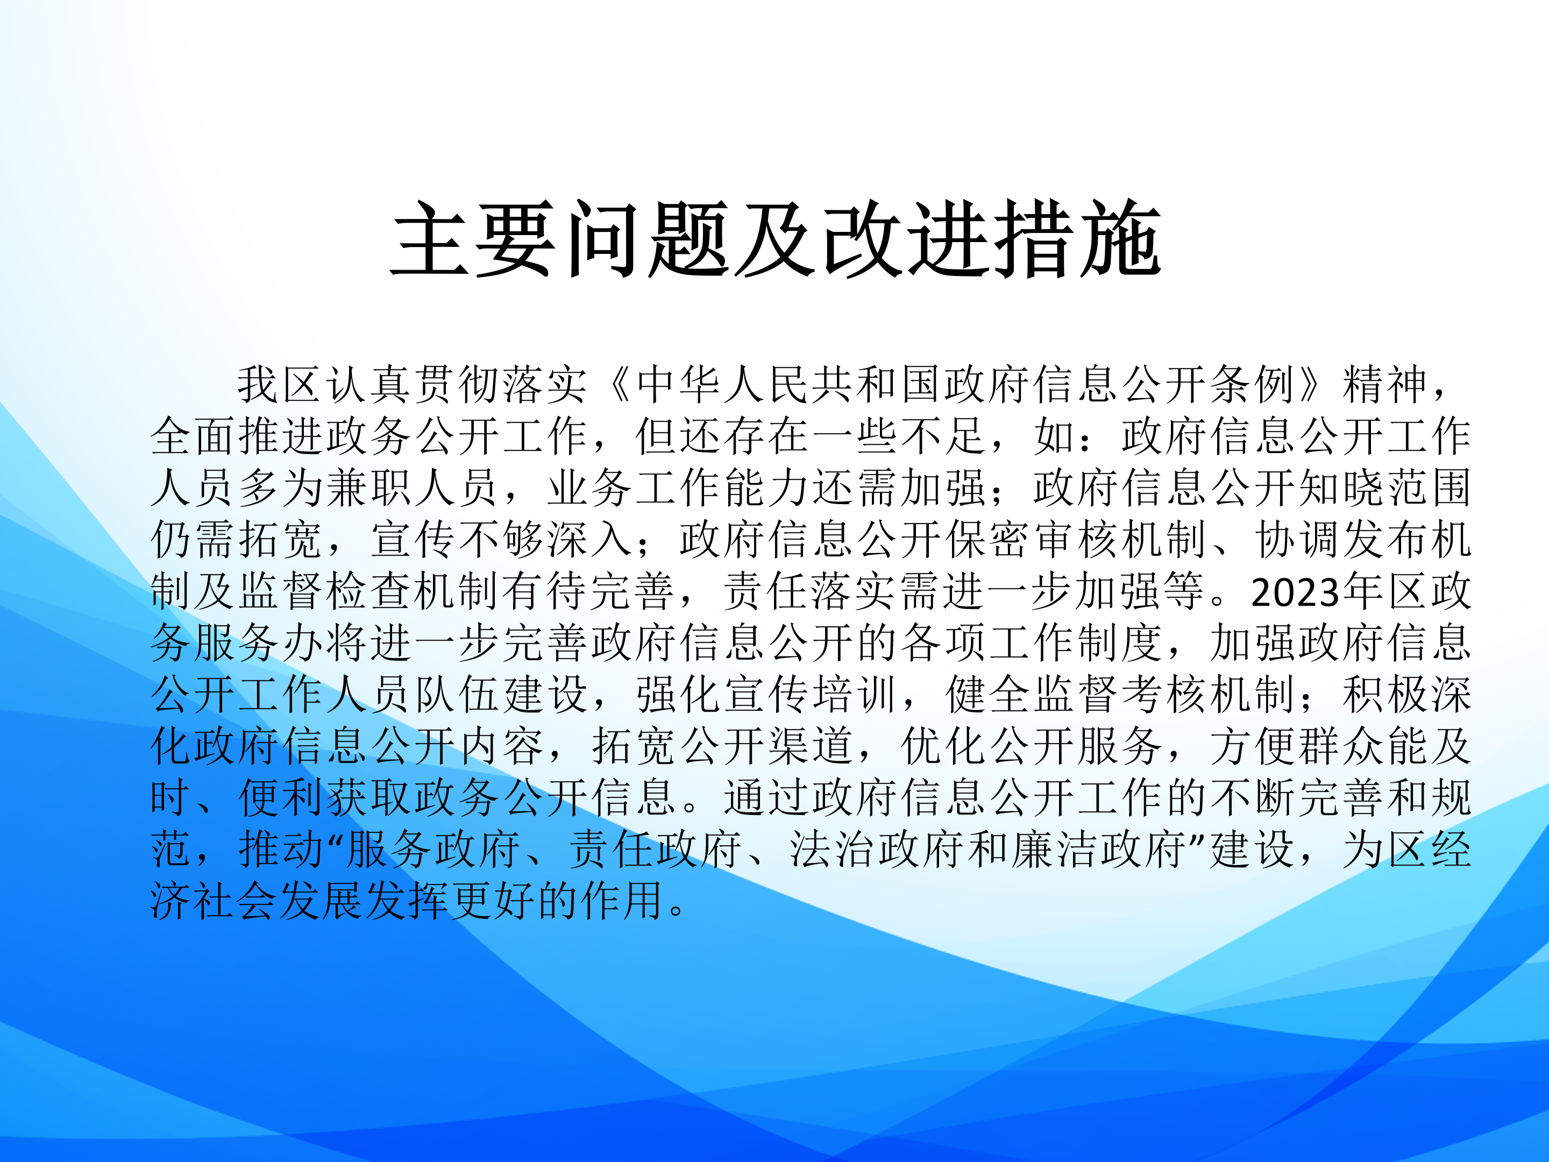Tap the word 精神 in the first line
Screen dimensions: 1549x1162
point(1385,385)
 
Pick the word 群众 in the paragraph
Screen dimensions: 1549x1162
point(1341,746)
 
